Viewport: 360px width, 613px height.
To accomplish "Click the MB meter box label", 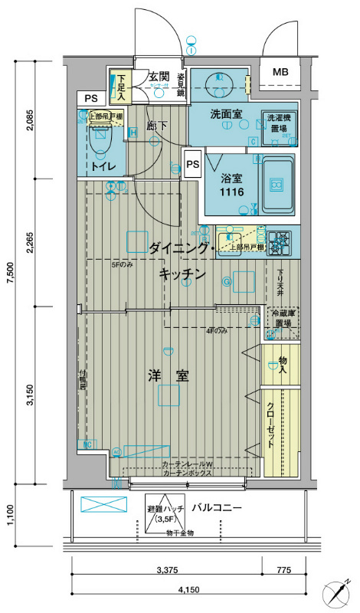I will (280, 73).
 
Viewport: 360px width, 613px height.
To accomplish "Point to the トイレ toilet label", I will (104, 166).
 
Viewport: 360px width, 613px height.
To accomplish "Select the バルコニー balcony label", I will (217, 508).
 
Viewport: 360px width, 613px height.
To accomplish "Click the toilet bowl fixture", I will (99, 139).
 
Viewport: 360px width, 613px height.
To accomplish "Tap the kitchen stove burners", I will (280, 243).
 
